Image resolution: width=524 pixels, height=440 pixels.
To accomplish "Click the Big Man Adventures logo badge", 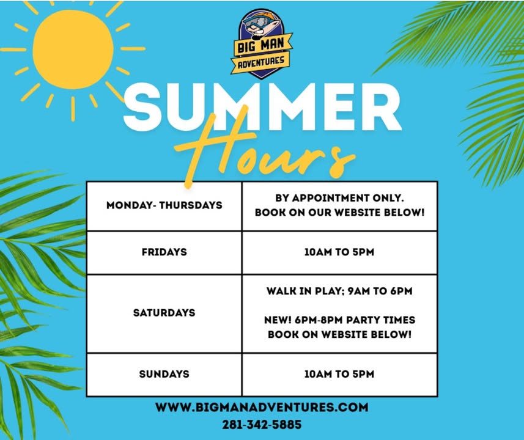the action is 261,44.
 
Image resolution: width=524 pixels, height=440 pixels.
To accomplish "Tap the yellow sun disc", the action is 73,50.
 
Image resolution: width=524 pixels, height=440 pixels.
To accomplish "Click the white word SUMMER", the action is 262,107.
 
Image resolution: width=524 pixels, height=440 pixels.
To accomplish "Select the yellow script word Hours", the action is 264,150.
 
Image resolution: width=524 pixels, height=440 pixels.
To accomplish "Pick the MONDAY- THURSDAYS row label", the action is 164,205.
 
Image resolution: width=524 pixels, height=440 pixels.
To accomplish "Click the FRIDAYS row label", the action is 164,252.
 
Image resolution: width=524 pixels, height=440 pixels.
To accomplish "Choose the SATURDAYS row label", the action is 164,313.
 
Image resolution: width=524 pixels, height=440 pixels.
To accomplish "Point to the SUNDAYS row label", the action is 164,374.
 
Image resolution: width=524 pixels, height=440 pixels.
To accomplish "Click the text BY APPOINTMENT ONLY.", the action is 339,198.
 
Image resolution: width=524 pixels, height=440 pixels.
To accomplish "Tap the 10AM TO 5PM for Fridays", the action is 339,252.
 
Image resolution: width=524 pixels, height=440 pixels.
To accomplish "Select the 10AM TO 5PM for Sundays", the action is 339,374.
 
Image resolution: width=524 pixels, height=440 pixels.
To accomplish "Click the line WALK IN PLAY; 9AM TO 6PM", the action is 339,291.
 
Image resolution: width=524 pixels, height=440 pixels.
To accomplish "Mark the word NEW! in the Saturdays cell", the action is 278,320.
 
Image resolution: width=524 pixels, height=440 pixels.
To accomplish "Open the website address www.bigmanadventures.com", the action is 262,407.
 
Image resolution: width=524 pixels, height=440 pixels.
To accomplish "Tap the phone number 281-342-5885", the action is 262,425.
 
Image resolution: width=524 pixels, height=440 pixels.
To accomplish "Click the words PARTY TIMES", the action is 381,320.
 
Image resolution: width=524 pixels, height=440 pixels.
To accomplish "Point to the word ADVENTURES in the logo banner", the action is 261,62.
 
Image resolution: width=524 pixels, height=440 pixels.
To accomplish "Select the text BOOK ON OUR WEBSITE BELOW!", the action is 339,213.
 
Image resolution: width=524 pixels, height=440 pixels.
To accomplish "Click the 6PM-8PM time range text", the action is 319,320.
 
